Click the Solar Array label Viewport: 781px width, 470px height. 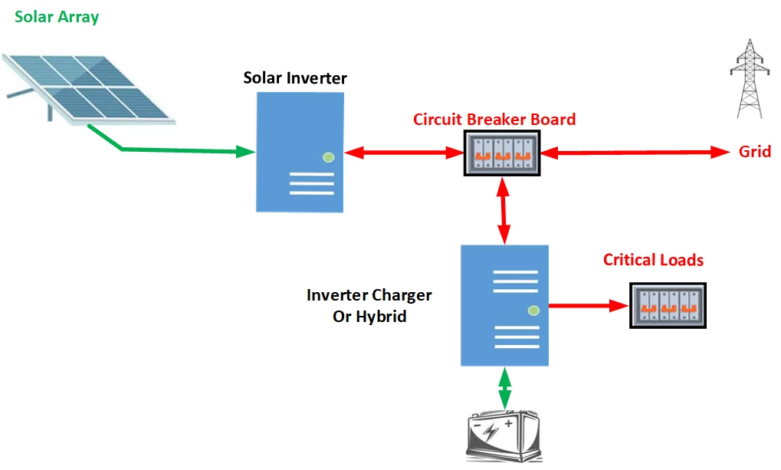coord(57,16)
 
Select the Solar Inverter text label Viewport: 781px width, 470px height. coord(295,78)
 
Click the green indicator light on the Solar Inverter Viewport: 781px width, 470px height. coord(329,157)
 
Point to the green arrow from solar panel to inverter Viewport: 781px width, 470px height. coord(176,151)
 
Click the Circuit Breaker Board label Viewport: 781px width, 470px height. coord(494,120)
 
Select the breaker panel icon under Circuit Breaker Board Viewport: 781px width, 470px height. coord(502,153)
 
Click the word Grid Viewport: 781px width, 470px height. coord(754,152)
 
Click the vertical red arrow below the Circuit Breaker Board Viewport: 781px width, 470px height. coord(504,211)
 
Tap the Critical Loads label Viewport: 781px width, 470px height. coord(653,260)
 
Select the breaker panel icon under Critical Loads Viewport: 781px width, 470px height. coord(668,305)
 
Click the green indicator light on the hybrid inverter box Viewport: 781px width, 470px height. coord(534,311)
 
